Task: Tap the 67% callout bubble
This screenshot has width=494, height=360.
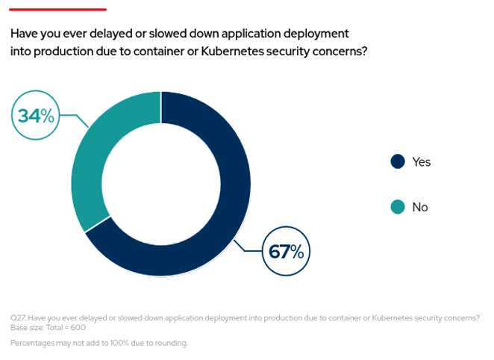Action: click(287, 252)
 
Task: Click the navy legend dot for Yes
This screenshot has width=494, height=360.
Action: click(398, 161)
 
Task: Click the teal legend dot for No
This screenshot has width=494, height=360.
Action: click(398, 207)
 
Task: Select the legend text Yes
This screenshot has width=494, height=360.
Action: click(422, 161)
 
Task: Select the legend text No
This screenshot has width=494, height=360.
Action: click(420, 207)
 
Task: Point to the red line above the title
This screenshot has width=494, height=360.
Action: click(58, 10)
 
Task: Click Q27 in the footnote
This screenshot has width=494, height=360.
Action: click(18, 317)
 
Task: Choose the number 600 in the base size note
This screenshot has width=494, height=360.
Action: click(78, 327)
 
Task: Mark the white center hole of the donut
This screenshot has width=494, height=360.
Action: click(160, 184)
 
